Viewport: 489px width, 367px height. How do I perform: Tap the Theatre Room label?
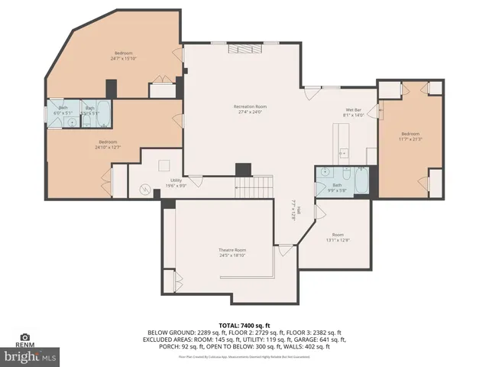(x=233, y=250)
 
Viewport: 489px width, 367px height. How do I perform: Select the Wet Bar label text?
(x=354, y=110)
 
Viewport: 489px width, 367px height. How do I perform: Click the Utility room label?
(x=176, y=180)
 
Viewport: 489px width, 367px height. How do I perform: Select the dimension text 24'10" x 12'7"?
(x=107, y=147)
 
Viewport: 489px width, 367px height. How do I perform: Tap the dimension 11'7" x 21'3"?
(x=410, y=139)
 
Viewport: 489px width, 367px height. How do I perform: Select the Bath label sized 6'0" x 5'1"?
(x=63, y=110)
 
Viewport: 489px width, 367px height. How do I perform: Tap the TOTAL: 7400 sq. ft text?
(x=244, y=326)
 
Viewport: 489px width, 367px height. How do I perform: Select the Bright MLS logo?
(x=30, y=356)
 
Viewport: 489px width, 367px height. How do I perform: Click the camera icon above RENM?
(x=24, y=336)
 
